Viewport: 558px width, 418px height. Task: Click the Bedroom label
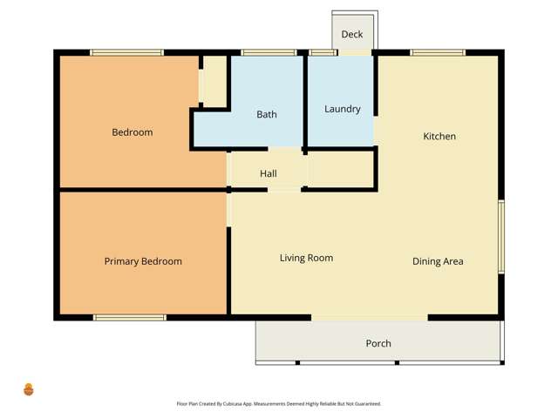coord(132,132)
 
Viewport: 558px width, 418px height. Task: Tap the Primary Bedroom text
coord(143,261)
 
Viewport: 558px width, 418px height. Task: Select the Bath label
coord(266,115)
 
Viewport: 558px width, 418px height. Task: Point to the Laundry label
coord(342,109)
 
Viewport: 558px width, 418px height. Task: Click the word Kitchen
coord(439,137)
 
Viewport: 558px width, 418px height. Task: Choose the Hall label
coord(269,174)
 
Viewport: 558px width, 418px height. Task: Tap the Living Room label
coord(306,258)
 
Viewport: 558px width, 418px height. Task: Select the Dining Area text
coord(438,261)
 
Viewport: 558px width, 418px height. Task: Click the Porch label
coord(378,343)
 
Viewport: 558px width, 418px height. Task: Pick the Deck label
coord(352,35)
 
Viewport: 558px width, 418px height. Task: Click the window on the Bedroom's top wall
coord(126,53)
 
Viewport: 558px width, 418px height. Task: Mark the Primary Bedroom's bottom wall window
coord(130,318)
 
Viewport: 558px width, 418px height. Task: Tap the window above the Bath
coord(268,53)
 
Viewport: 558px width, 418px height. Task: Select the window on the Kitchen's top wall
coord(437,53)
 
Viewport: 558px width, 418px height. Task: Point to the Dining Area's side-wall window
coord(500,237)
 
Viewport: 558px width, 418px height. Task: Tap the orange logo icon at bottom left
coord(29,389)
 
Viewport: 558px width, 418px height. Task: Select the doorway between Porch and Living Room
coord(370,318)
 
